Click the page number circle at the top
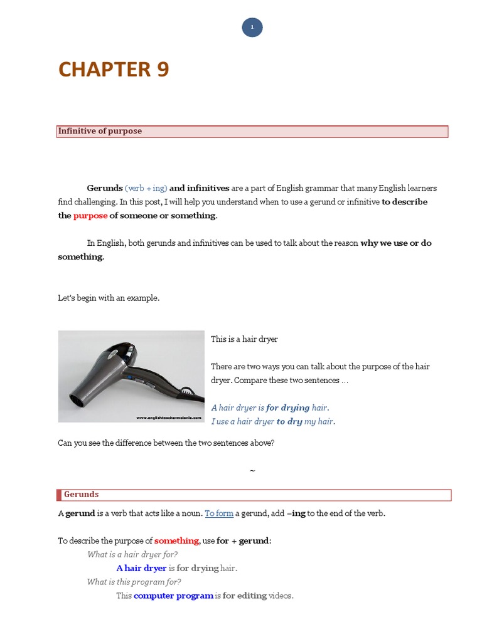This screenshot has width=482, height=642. (x=252, y=28)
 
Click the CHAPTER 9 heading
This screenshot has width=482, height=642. (x=114, y=70)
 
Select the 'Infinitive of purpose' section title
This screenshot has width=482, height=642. (x=100, y=131)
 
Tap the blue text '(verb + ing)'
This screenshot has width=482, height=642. (x=146, y=188)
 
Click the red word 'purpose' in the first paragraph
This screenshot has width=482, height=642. (x=90, y=216)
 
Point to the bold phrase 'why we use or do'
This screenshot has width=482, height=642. (x=396, y=243)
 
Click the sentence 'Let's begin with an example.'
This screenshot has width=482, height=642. (x=109, y=298)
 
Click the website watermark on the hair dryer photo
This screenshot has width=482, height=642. (x=169, y=417)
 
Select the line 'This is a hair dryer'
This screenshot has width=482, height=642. (x=244, y=339)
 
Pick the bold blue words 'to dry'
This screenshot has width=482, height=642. (x=290, y=421)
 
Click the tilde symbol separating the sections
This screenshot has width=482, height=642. (x=252, y=470)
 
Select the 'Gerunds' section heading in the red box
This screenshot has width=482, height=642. (x=81, y=495)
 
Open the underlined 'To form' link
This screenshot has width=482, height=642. (x=219, y=513)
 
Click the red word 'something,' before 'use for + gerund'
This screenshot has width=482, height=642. (x=178, y=540)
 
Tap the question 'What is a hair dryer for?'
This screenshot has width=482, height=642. (x=132, y=554)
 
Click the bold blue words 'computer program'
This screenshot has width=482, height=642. (x=173, y=596)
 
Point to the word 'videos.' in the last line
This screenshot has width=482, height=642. (x=281, y=596)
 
